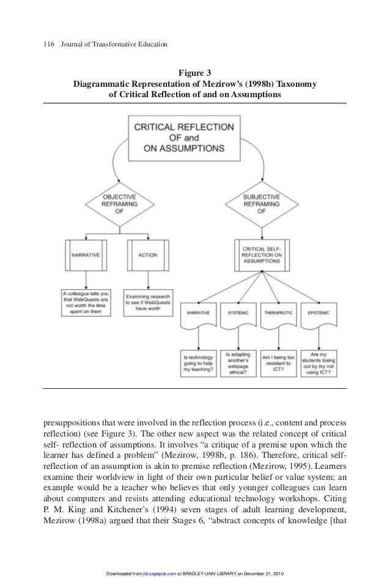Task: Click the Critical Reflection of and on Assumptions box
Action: click(183, 138)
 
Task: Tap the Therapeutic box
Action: click(279, 313)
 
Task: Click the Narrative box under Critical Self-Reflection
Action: click(198, 313)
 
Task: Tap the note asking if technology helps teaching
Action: click(198, 360)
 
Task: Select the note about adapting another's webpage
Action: click(238, 358)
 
